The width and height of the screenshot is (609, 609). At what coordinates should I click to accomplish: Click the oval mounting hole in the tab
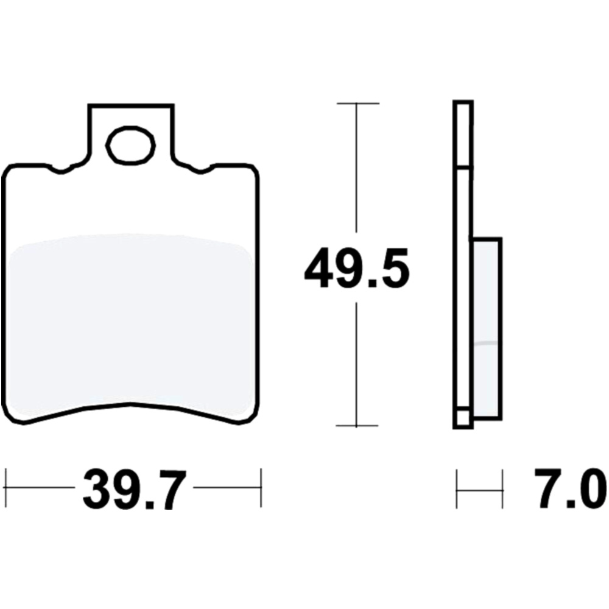coord(130,145)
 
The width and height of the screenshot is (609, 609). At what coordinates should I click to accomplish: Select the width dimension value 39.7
coord(133,488)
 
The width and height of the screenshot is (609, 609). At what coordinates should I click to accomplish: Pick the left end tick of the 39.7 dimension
coord(5,488)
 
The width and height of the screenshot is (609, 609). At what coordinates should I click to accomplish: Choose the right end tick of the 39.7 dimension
coord(261,488)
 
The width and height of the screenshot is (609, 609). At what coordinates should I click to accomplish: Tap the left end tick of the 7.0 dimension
coord(457,488)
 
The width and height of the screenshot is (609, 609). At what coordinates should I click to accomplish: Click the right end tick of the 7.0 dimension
coord(502,488)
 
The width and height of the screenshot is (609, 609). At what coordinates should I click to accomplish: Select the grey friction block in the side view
coord(487,329)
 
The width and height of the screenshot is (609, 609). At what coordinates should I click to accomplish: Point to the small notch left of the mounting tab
coord(62,169)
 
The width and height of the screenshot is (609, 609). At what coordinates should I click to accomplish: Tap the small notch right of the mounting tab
coord(200,169)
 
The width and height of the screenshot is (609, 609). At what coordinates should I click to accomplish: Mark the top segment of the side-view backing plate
coord(462,134)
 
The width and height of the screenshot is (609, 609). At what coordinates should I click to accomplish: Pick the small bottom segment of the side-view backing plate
coord(462,418)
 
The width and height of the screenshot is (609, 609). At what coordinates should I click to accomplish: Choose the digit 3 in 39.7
coord(100,489)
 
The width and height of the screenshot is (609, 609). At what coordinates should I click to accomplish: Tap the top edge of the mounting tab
coord(130,105)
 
